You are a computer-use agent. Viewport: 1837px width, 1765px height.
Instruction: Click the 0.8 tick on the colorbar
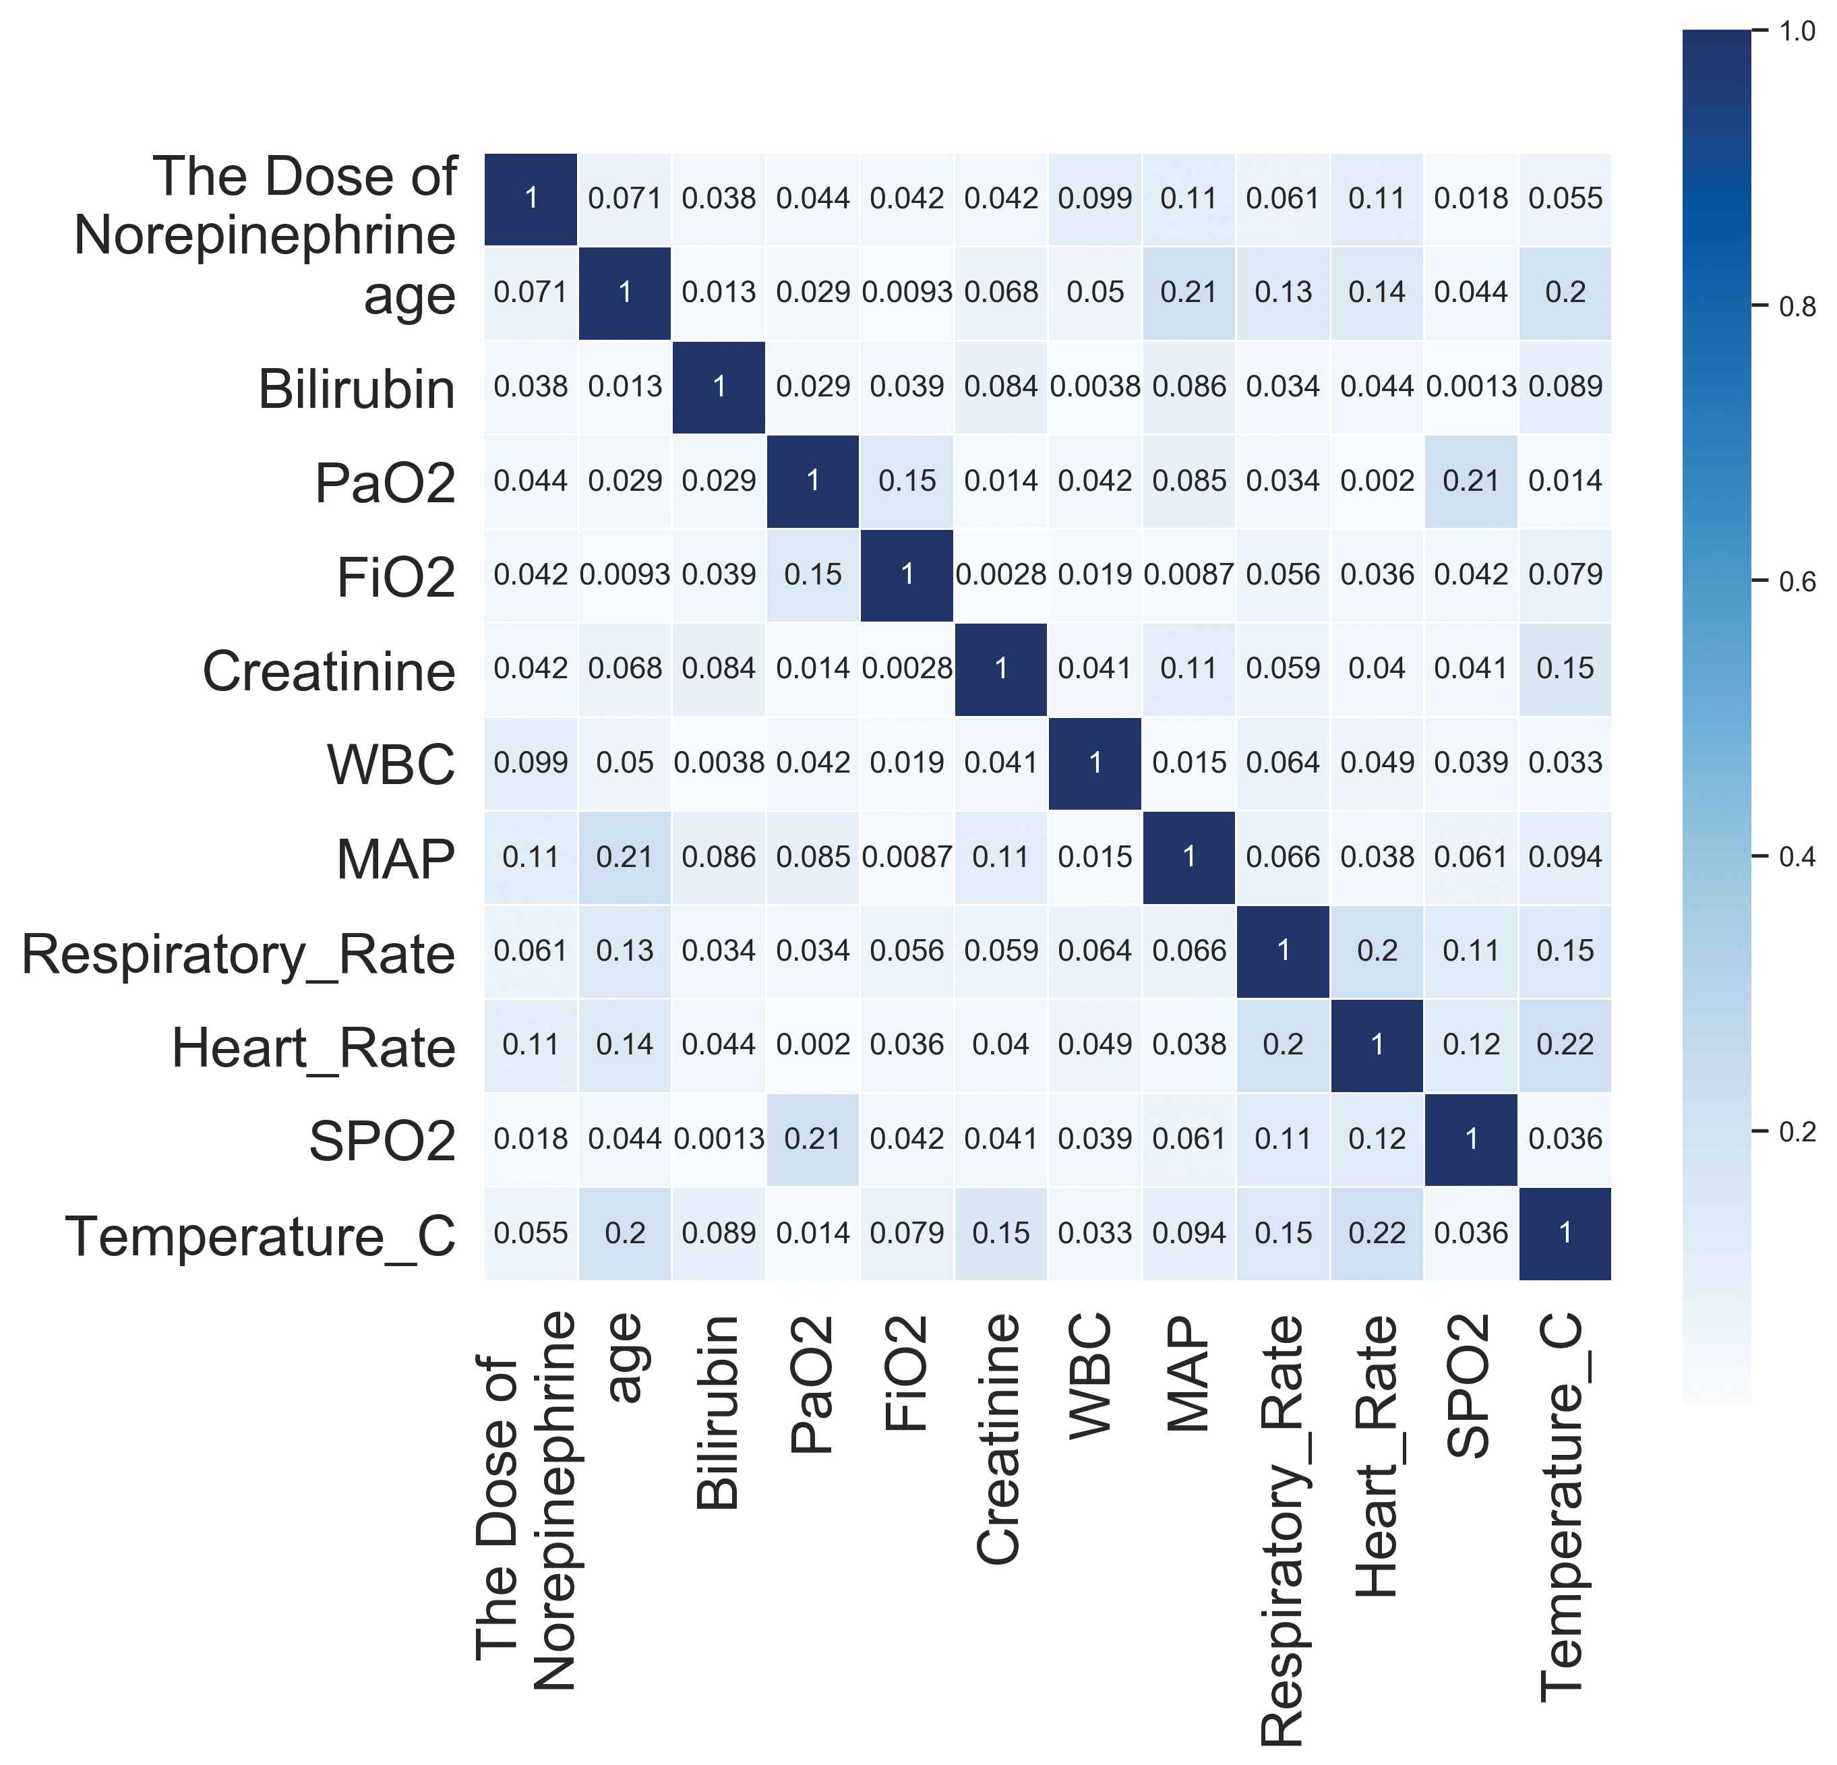click(1796, 307)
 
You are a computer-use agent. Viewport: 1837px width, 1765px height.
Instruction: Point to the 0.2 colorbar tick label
click(1796, 1131)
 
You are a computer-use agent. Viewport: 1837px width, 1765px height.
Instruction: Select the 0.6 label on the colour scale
click(1796, 581)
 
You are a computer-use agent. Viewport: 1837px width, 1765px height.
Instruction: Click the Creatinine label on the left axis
click(329, 671)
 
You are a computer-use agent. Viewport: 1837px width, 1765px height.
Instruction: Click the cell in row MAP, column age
click(625, 857)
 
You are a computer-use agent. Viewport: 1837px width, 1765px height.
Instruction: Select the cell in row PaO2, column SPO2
click(1470, 481)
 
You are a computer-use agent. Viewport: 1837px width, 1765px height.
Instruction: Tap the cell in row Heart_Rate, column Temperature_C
click(1564, 1044)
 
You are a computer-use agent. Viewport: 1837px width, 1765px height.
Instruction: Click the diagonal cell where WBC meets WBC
click(1095, 763)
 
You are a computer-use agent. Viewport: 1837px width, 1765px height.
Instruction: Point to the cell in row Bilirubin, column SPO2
click(1470, 386)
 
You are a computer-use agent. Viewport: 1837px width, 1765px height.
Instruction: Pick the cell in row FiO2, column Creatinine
click(1001, 574)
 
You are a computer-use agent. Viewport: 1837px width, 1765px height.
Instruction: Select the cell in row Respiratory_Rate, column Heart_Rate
click(1377, 951)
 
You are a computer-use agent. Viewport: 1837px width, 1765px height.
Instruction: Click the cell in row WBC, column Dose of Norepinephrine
click(531, 763)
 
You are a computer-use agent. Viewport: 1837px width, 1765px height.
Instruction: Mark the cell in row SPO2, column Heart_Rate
click(1377, 1139)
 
